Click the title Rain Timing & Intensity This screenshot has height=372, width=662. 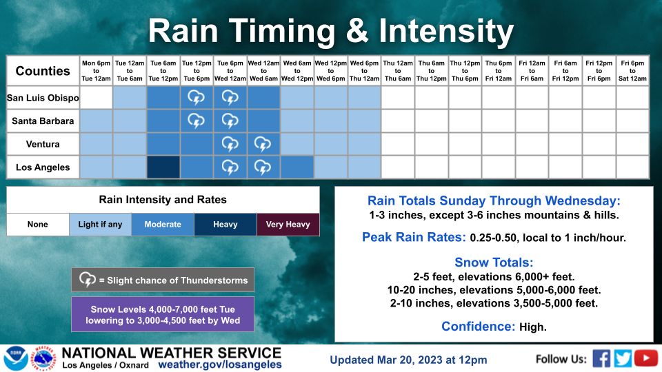pyautogui.click(x=331, y=31)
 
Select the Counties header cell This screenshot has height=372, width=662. pyautogui.click(x=43, y=71)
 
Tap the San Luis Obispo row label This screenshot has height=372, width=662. pyautogui.click(x=43, y=98)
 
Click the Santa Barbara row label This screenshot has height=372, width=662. pyautogui.click(x=43, y=121)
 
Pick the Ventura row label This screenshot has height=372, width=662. pyautogui.click(x=43, y=145)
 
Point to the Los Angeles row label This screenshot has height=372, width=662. pyautogui.click(x=43, y=167)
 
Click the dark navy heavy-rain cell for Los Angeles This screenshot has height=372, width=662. pyautogui.click(x=163, y=167)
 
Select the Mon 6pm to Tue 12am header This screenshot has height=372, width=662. pyautogui.click(x=96, y=70)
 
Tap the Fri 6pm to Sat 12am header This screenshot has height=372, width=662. pyautogui.click(x=632, y=70)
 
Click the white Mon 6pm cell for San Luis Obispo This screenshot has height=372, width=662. pyautogui.click(x=96, y=98)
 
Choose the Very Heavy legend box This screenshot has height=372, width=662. pyautogui.click(x=288, y=225)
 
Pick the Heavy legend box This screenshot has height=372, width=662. pyautogui.click(x=225, y=225)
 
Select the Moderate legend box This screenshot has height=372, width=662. pyautogui.click(x=163, y=225)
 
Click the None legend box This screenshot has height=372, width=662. pyautogui.click(x=38, y=225)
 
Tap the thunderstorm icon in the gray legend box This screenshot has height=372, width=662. pyautogui.click(x=88, y=280)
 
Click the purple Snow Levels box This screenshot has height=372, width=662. pyautogui.click(x=163, y=315)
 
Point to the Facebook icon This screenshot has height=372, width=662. pyautogui.click(x=601, y=358)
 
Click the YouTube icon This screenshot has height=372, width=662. pyautogui.click(x=646, y=358)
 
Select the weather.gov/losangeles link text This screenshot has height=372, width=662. pyautogui.click(x=220, y=364)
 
